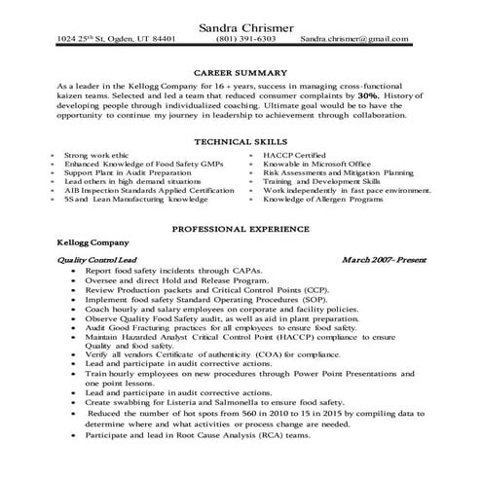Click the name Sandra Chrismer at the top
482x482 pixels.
click(240, 25)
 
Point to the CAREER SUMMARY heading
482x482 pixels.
click(241, 73)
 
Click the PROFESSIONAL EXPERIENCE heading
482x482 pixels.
click(240, 229)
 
